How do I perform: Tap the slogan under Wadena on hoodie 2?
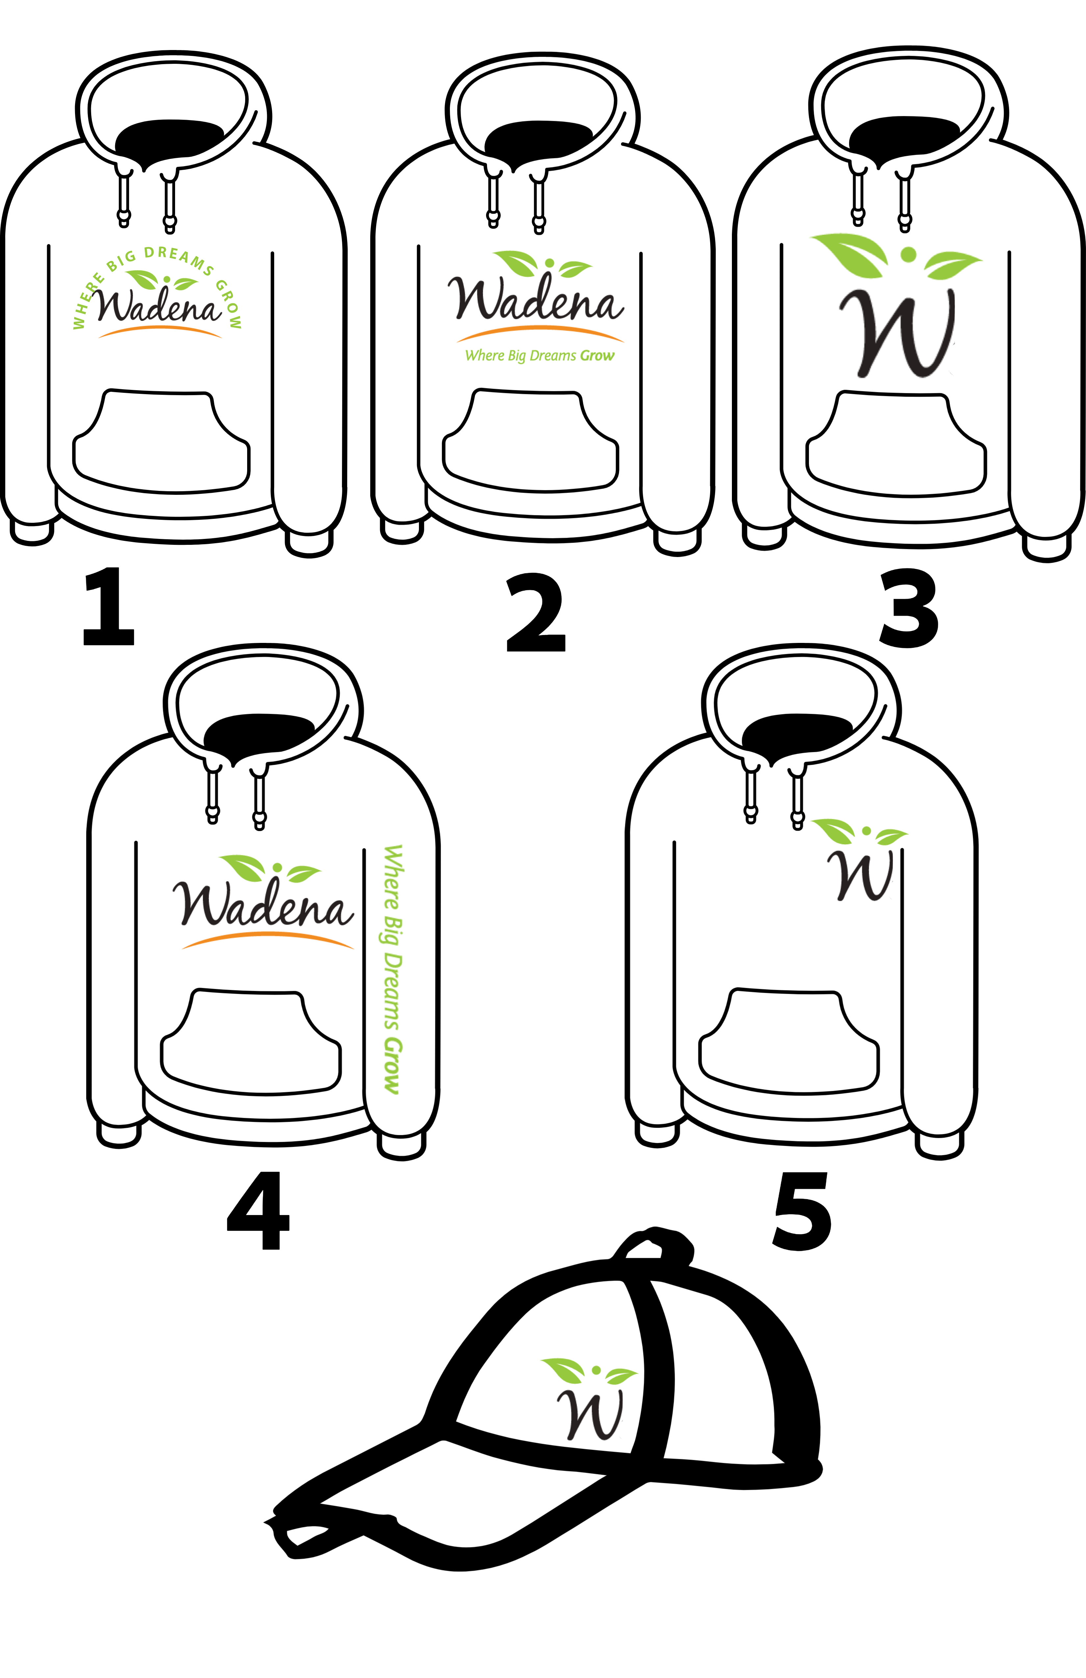coord(539,355)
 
